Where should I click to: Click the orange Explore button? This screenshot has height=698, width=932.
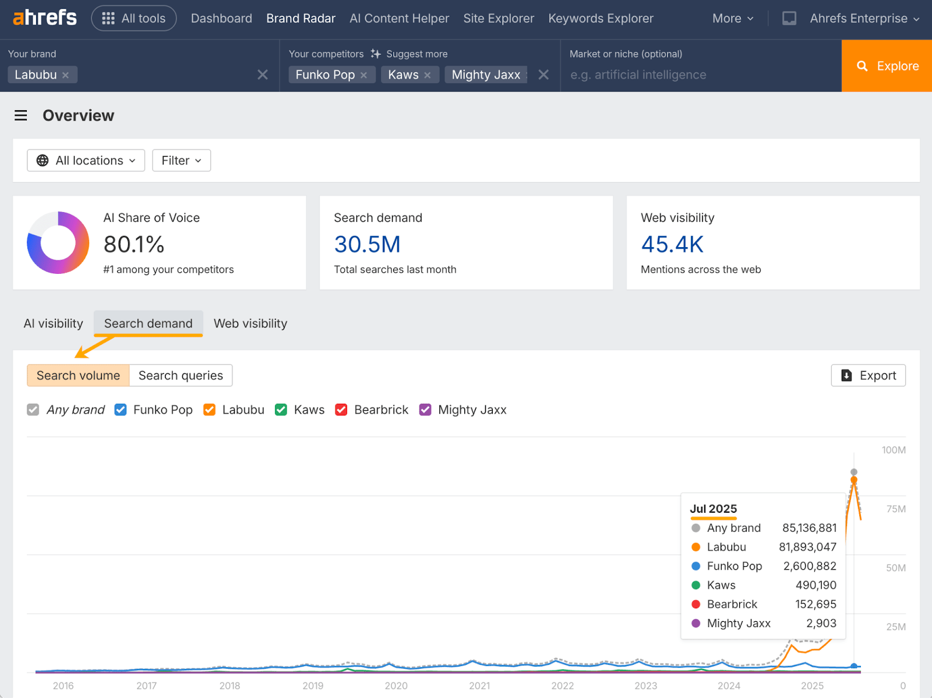pos(887,66)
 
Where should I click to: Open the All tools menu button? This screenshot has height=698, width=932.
pos(134,18)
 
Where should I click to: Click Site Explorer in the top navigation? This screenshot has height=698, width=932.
pos(499,18)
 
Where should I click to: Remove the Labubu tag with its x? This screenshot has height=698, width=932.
pos(66,75)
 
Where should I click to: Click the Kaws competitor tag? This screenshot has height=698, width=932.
pos(403,75)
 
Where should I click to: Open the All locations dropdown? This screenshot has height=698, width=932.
pos(86,160)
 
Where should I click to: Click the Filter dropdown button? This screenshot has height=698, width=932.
pos(181,160)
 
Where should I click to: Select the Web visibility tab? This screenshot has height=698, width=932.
pos(250,323)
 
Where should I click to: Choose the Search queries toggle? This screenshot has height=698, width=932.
pos(181,375)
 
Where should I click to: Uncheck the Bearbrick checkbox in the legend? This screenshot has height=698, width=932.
pos(341,410)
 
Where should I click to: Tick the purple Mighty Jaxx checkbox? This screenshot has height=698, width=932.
pos(425,410)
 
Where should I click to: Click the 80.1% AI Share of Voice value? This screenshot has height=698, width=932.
pos(134,245)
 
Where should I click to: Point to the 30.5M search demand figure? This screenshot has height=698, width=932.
pos(367,245)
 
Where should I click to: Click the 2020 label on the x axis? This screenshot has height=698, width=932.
pos(396,686)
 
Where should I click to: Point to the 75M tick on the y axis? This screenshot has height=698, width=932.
pos(896,509)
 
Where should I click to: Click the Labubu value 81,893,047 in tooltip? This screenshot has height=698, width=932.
pos(807,547)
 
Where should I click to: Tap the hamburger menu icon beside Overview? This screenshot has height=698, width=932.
pos(21,115)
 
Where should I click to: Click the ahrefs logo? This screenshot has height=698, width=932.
pos(45,18)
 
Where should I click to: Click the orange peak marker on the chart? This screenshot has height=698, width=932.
pos(854,480)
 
